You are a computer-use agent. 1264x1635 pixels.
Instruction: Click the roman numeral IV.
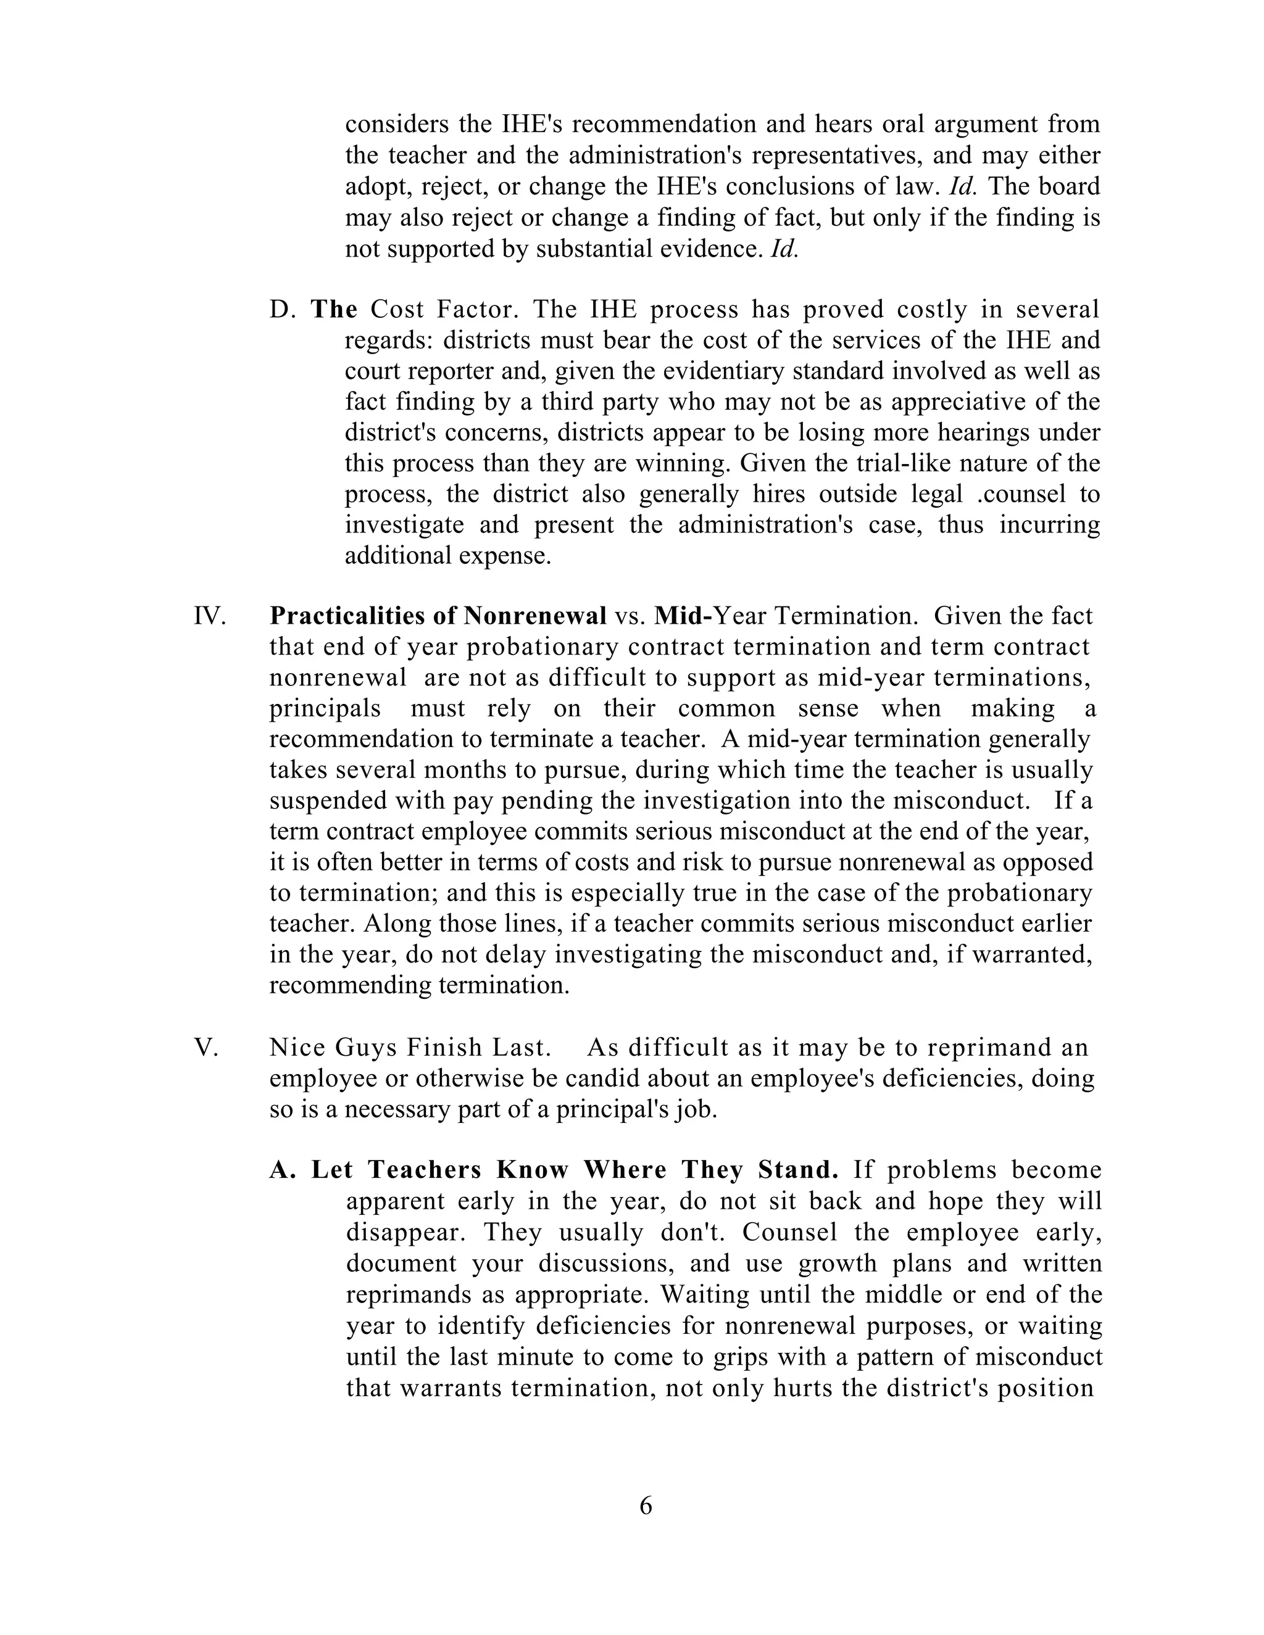(x=209, y=616)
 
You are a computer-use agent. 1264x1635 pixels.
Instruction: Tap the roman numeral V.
(x=206, y=1048)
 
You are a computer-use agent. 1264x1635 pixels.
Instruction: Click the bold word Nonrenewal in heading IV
(x=534, y=616)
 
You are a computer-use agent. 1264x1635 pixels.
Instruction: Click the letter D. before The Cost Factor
(x=283, y=309)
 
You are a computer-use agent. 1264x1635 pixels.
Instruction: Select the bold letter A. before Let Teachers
(x=283, y=1170)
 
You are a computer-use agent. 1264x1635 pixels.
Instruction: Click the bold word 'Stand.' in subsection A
(x=797, y=1170)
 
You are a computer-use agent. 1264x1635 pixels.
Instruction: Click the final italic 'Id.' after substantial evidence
(x=783, y=249)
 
